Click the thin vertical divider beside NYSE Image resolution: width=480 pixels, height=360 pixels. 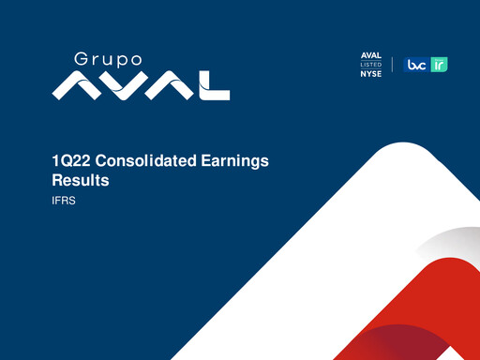[392, 65]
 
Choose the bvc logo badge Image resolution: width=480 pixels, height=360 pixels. [415, 65]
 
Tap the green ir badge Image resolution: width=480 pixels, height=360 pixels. [439, 65]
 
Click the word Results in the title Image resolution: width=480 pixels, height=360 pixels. [81, 180]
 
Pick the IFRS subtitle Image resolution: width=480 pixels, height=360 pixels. [63, 200]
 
